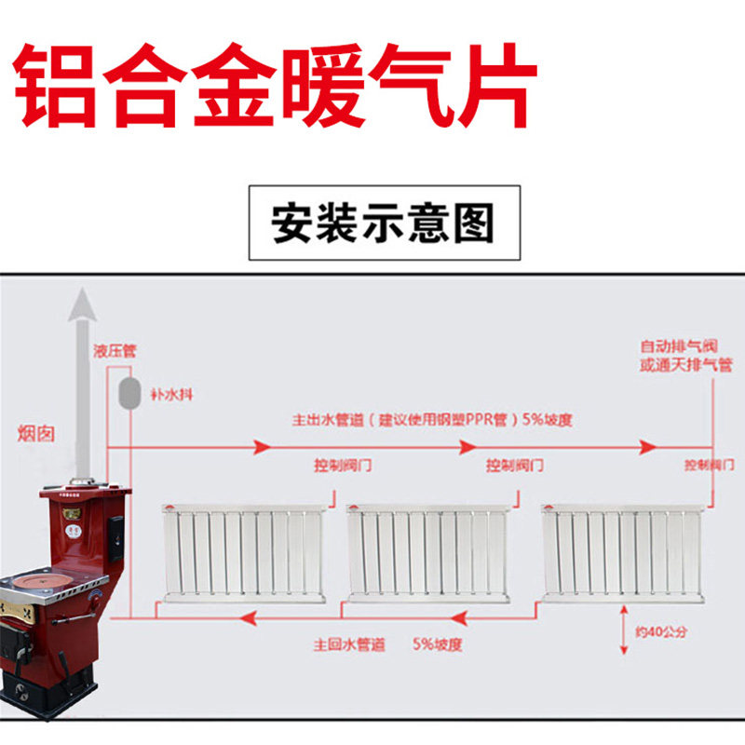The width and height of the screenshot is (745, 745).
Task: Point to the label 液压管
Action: click(114, 351)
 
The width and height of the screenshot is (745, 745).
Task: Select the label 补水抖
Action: click(173, 394)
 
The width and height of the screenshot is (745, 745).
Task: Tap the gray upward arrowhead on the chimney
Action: click(83, 305)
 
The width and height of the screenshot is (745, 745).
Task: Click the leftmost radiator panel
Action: click(243, 552)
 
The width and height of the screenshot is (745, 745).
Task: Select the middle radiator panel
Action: click(426, 552)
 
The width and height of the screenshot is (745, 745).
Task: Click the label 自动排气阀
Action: click(672, 345)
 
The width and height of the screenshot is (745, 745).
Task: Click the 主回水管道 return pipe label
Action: click(347, 643)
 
